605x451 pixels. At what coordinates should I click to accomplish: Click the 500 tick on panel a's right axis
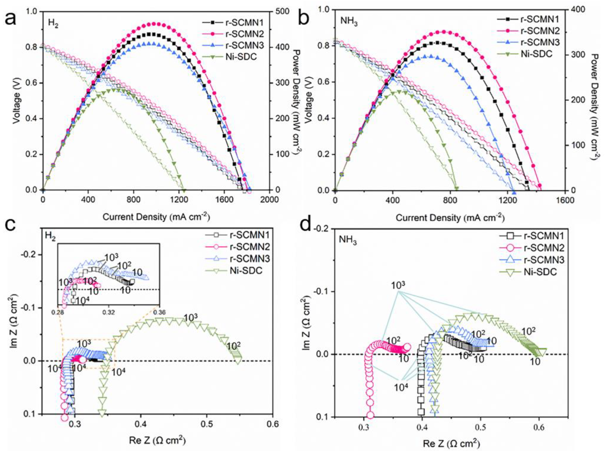click(x=282, y=11)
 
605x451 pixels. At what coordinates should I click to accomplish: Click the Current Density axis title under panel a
click(x=156, y=217)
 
